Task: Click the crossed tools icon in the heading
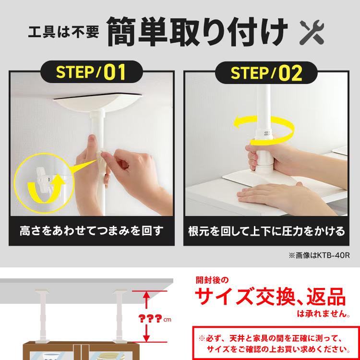click(312, 32)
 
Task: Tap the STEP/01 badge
click(91, 72)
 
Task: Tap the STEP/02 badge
click(266, 72)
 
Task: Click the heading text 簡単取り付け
click(197, 32)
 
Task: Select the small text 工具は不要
click(63, 32)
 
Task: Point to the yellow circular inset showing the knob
click(44, 183)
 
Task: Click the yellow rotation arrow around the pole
click(264, 130)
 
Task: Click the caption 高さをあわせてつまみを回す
click(92, 231)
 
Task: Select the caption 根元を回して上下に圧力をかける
click(266, 231)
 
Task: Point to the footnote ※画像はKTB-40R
click(319, 255)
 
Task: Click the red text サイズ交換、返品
click(270, 297)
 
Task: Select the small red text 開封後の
click(212, 280)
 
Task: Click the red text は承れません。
click(324, 313)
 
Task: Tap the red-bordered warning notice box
click(276, 343)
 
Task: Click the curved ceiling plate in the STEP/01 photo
click(97, 101)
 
